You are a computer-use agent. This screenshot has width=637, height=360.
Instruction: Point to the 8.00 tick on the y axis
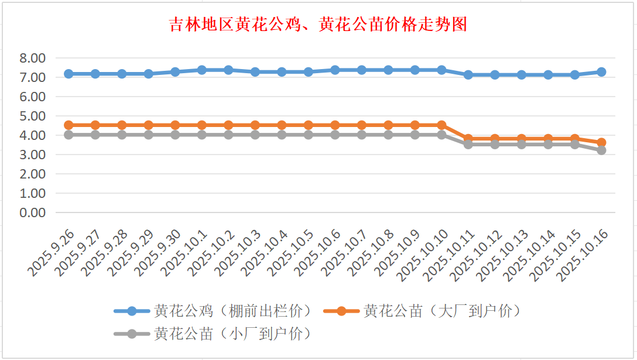coord(32,58)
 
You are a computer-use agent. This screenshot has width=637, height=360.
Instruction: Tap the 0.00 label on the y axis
coord(32,212)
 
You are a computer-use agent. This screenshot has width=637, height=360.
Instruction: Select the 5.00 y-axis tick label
coord(32,116)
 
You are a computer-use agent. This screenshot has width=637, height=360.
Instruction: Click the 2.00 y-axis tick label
coord(32,174)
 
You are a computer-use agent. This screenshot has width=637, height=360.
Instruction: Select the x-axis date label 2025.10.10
coord(423,255)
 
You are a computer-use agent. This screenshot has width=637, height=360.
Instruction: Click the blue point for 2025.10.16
coord(601,72)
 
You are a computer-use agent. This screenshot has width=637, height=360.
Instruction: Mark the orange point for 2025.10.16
coord(601,142)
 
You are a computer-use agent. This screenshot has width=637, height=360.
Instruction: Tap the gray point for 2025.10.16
coord(601,150)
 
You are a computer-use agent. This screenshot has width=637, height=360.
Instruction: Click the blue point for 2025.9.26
coord(69,74)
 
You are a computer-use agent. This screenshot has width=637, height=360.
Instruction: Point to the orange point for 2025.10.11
coord(468,139)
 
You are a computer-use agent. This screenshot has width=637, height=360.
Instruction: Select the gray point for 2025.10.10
coord(441,135)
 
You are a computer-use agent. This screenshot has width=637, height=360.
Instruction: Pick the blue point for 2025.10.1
coord(201,70)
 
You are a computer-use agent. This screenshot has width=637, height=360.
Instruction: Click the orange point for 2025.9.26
coord(69,125)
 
